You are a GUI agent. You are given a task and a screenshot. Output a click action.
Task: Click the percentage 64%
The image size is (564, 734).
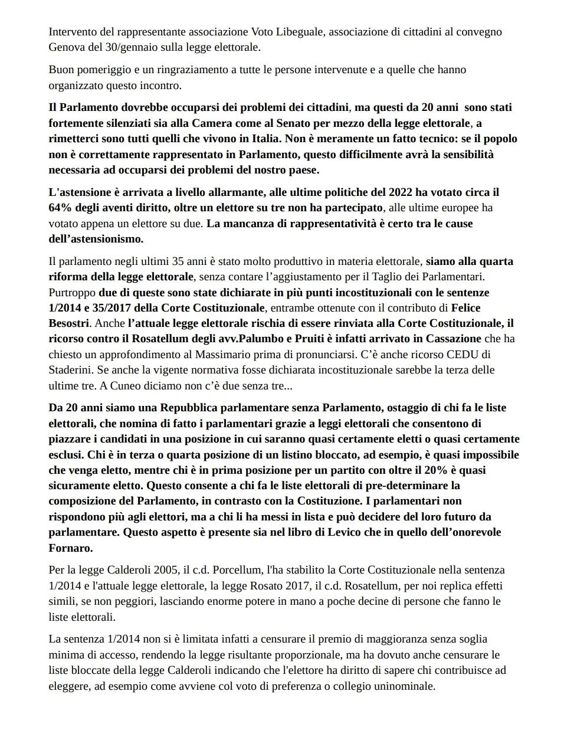60,208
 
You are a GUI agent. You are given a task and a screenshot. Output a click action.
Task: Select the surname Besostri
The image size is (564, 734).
69,323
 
